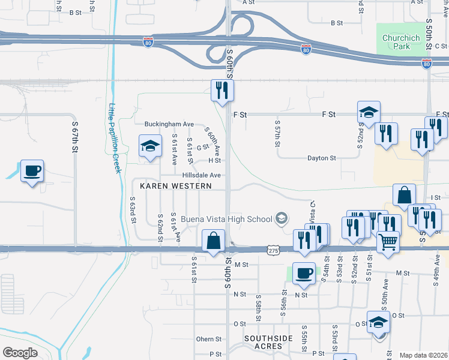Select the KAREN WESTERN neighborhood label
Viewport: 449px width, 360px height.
(x=175, y=186)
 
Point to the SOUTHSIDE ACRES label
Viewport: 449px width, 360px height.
(x=268, y=342)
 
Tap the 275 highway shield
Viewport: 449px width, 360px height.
(x=274, y=249)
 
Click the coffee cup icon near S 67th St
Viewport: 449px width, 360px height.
(x=32, y=171)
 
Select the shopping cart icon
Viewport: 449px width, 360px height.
(x=388, y=242)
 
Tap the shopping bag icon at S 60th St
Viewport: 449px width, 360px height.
(x=214, y=241)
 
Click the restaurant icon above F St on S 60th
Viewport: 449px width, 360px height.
(x=222, y=91)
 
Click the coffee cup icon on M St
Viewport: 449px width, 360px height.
(x=304, y=273)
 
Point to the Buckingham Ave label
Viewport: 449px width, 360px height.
(x=162, y=124)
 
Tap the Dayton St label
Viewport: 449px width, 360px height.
(x=321, y=158)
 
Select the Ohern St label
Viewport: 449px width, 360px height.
(x=209, y=339)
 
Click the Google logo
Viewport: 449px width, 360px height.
(x=20, y=352)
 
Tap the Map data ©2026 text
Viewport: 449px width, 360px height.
(x=423, y=355)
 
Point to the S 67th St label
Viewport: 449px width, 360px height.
(x=76, y=137)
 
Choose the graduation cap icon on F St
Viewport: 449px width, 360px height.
(x=369, y=112)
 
